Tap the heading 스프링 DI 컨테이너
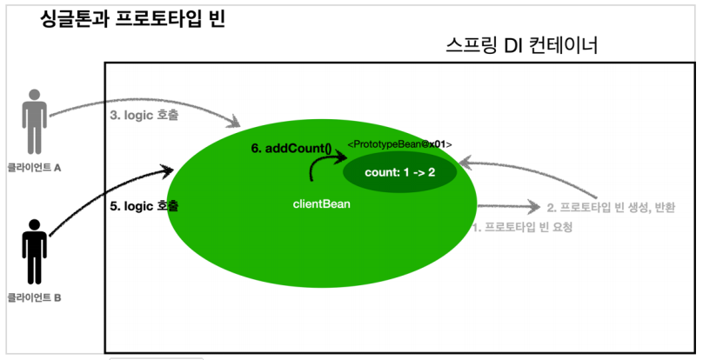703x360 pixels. (x=520, y=45)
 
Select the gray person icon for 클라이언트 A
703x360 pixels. (x=35, y=122)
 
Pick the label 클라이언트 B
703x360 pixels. (x=34, y=297)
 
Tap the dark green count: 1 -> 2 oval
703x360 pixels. (x=400, y=172)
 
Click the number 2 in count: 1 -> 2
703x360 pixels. (x=430, y=172)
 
